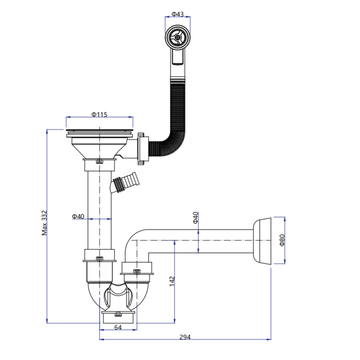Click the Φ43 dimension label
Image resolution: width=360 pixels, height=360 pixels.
click(x=177, y=14)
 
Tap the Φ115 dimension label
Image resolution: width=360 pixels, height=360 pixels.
click(x=99, y=114)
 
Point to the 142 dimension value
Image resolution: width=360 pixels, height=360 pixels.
click(x=172, y=281)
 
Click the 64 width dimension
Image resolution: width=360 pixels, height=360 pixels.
click(x=118, y=327)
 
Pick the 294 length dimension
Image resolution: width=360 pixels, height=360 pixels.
click(x=185, y=337)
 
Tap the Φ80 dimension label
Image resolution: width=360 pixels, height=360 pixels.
click(x=282, y=240)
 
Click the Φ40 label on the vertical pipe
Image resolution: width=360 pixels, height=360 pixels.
click(x=78, y=216)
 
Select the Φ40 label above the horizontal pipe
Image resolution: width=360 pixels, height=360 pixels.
click(x=195, y=217)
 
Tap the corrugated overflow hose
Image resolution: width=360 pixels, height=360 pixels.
click(x=177, y=108)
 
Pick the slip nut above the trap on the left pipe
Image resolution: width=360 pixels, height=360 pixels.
click(x=99, y=255)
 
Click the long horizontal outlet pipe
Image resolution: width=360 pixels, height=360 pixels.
click(x=202, y=240)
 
